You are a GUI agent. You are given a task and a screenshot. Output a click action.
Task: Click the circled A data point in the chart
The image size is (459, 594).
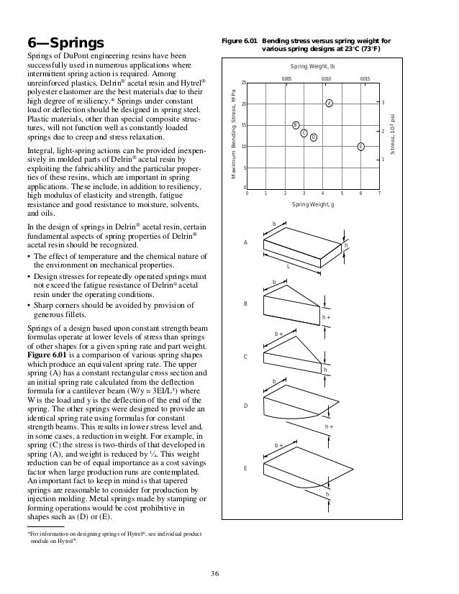[x=329, y=104]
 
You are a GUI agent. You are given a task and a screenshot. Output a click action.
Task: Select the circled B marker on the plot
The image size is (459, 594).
[x=295, y=125]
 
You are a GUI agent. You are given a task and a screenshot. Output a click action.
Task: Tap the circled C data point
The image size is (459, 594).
[x=304, y=132]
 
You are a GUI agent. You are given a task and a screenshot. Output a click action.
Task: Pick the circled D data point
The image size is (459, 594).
[x=314, y=137]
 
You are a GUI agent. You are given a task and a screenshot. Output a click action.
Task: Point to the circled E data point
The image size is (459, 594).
[x=360, y=146]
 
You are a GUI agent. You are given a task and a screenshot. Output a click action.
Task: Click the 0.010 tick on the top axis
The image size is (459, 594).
[x=326, y=77]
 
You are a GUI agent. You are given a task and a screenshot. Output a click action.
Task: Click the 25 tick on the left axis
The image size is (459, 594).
[x=243, y=83]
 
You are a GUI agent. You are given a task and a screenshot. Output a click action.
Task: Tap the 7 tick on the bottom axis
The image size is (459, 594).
[x=379, y=193]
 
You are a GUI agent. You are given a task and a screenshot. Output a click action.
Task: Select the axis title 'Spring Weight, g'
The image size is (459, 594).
[x=313, y=205]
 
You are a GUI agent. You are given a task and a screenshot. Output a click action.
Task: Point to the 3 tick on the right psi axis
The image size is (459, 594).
[x=383, y=104]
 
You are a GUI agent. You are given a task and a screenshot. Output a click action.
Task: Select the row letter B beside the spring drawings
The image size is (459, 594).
[x=245, y=304]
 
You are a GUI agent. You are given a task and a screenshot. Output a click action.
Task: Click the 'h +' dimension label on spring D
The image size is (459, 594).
[x=329, y=426]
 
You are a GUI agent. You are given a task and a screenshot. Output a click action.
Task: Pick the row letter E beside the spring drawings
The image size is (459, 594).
[x=245, y=468]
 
